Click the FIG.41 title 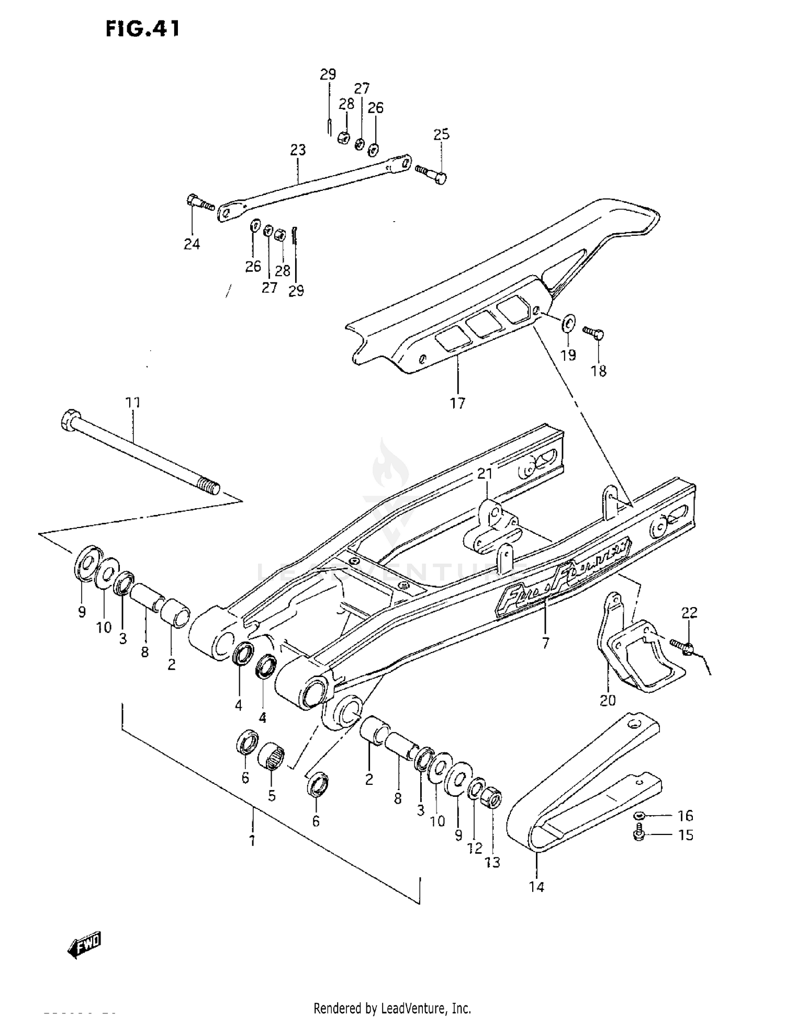point(142,29)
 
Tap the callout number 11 point(133,403)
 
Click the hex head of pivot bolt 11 point(70,419)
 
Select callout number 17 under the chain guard point(457,403)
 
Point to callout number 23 point(298,150)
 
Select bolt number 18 point(599,371)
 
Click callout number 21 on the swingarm point(485,474)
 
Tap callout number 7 point(545,644)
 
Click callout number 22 point(690,612)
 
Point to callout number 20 point(608,700)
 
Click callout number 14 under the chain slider point(536,887)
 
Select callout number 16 point(685,816)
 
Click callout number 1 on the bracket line point(252,841)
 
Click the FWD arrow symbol point(85,944)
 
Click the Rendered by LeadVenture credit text point(392,1008)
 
